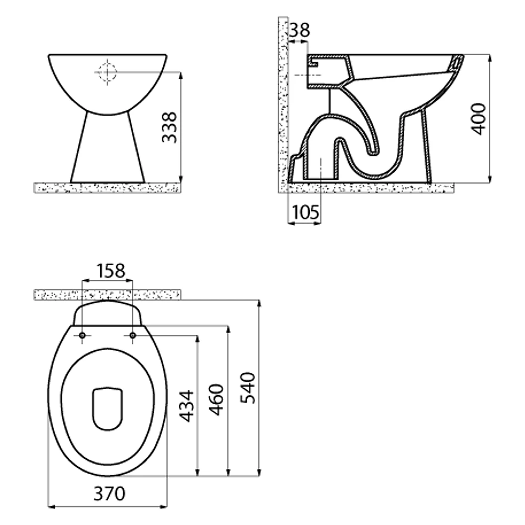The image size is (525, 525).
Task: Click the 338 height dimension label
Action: coord(169,128)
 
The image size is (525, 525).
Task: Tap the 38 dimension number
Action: coord(299,30)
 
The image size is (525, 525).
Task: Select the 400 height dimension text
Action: coord(478,119)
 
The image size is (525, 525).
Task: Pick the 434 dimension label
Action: coord(186,406)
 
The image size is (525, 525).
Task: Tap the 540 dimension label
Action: coord(248,388)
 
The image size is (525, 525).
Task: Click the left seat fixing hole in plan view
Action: coord(82,335)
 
